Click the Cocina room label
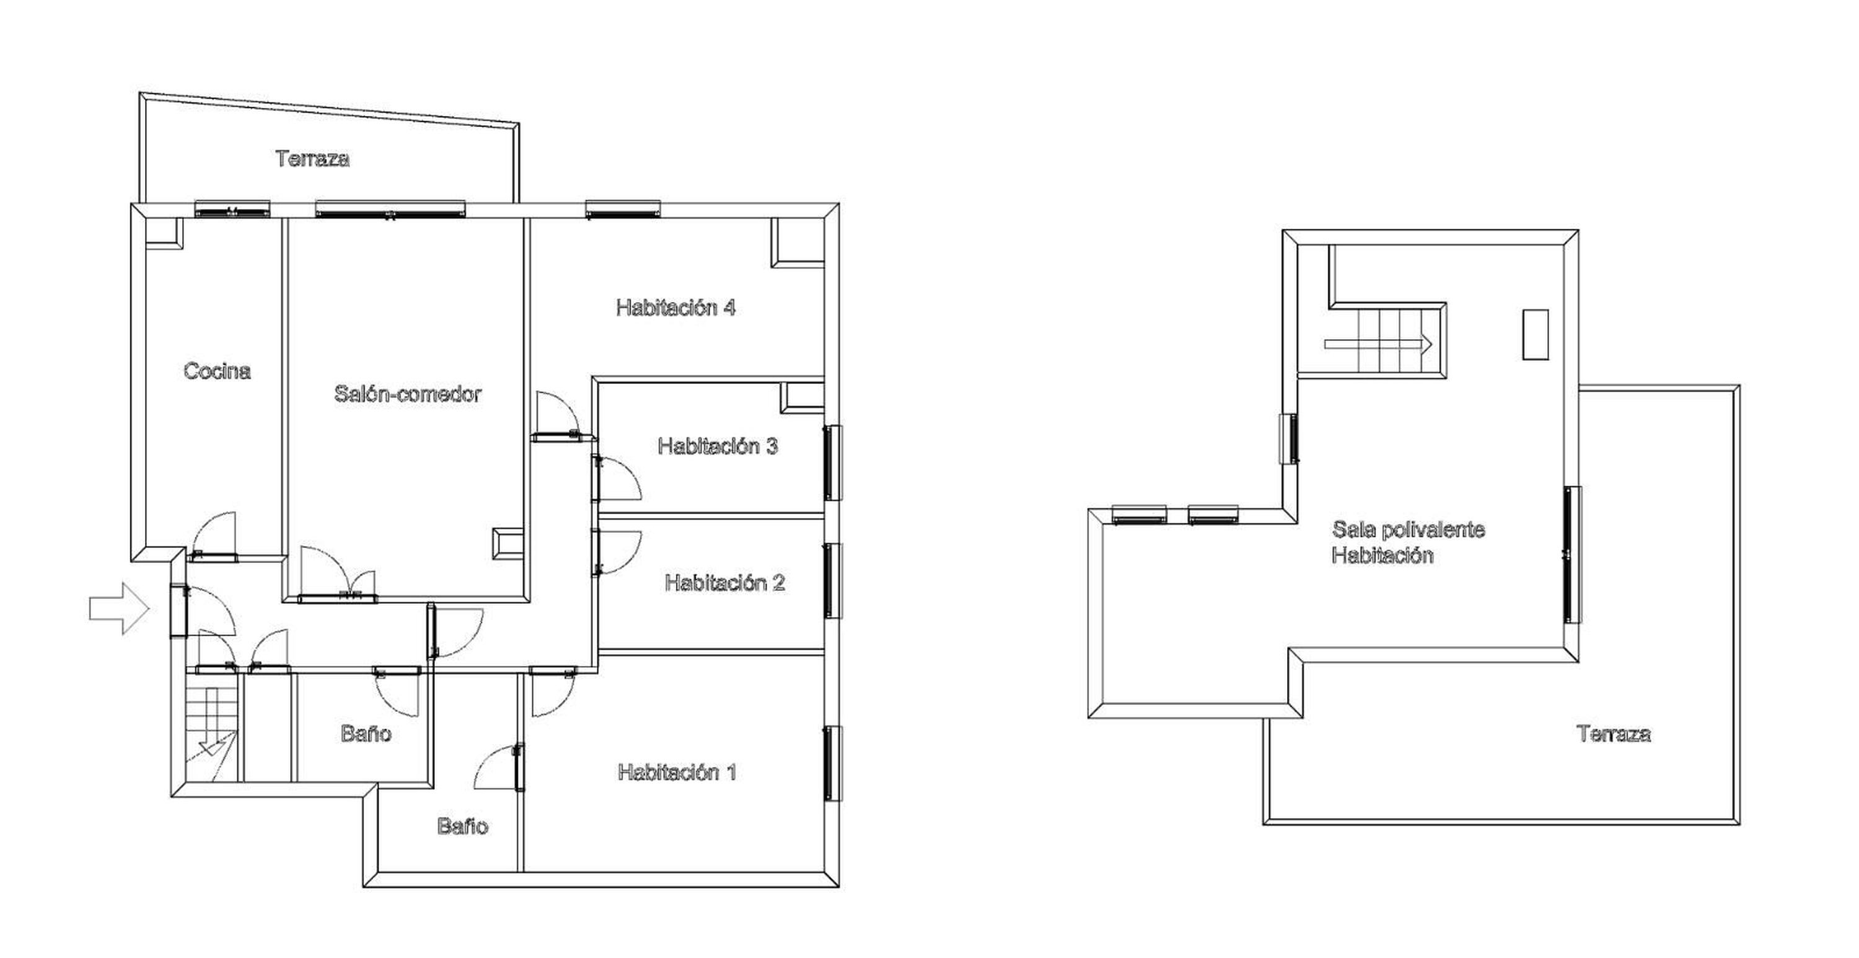click(216, 371)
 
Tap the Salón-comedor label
click(407, 394)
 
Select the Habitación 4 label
click(675, 308)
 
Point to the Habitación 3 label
click(718, 446)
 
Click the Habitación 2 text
click(724, 583)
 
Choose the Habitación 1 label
click(677, 773)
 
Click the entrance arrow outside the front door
click(119, 608)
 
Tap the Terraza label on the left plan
click(312, 159)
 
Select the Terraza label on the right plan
click(1614, 734)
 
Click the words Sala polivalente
click(1408, 530)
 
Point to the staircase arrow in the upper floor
click(1378, 344)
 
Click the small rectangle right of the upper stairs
click(1535, 334)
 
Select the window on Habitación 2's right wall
click(833, 580)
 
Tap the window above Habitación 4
click(623, 210)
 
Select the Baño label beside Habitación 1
click(463, 827)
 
